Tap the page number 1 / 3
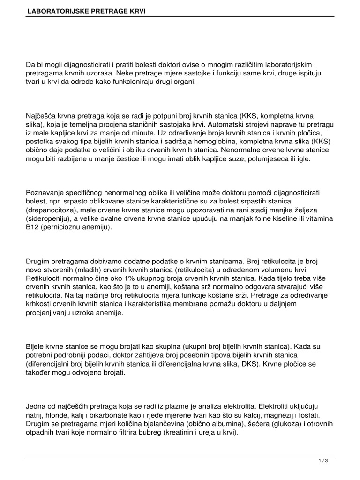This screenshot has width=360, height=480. click(323, 461)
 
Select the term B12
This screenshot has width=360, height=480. click(33, 227)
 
